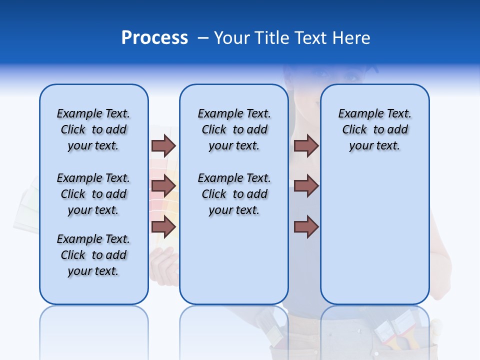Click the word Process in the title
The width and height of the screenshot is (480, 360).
[x=154, y=38]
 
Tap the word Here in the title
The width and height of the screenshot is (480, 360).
[x=351, y=38]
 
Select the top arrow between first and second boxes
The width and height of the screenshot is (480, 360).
[x=163, y=145]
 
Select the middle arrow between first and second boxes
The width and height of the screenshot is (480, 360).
[x=163, y=186]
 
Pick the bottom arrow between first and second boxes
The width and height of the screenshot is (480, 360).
[x=163, y=227]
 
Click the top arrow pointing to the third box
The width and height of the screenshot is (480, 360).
[x=306, y=145]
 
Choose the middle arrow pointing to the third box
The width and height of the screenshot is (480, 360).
[x=306, y=186]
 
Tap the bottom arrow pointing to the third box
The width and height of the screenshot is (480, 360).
[x=306, y=227]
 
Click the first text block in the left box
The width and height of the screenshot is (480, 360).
[x=93, y=129]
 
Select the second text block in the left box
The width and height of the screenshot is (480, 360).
[x=93, y=194]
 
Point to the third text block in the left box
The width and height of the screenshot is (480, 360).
[x=93, y=255]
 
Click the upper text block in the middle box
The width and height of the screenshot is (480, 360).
[x=234, y=129]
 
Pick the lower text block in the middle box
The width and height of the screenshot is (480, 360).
[x=234, y=194]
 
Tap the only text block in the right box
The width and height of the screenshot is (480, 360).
[x=374, y=129]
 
